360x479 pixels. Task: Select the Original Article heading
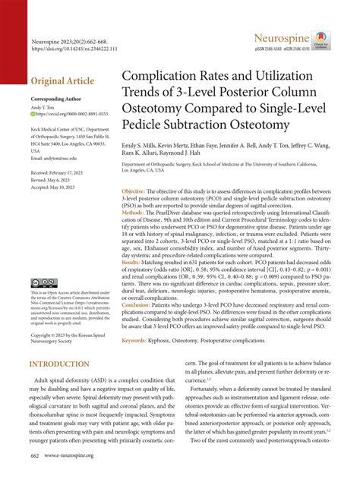pyautogui.click(x=62, y=81)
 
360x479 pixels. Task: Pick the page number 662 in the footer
pyautogui.click(x=35, y=455)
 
